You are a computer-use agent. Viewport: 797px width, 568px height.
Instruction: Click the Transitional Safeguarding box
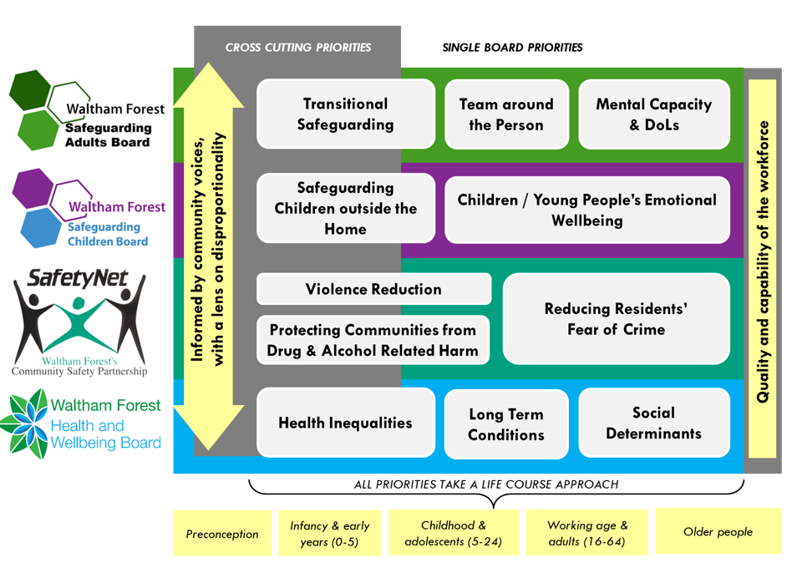(345, 114)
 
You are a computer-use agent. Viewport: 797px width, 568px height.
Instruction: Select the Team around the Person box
(505, 114)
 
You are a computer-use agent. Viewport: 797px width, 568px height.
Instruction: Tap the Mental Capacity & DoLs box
(653, 114)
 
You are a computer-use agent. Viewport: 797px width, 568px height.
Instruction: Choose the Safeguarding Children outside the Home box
(345, 208)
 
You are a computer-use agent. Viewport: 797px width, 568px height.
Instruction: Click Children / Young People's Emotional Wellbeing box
(586, 210)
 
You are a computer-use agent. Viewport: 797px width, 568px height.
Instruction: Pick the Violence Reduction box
(373, 289)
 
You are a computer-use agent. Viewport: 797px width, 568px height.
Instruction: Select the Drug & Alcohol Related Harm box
(373, 340)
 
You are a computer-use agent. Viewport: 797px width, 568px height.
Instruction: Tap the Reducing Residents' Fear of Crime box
(616, 319)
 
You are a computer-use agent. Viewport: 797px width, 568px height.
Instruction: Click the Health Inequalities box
(345, 423)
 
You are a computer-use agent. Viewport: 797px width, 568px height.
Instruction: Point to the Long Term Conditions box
(505, 423)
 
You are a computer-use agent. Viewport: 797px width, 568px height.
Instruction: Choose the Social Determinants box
(653, 423)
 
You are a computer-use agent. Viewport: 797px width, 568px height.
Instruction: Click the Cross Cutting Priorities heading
(298, 48)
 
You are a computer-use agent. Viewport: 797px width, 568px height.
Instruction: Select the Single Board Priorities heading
(512, 48)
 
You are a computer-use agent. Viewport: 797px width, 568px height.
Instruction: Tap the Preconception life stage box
(222, 534)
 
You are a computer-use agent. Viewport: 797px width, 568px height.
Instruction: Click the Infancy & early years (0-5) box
(329, 534)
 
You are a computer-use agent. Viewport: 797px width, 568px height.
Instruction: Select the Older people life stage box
(718, 531)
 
